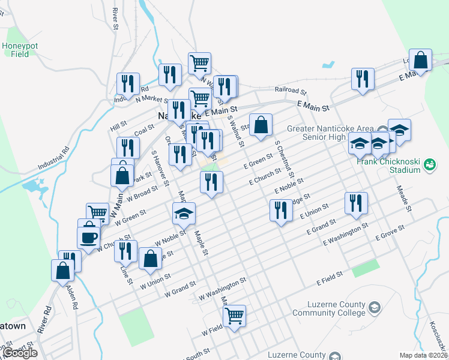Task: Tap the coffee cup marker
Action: pos(88,236)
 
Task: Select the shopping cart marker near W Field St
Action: pos(234,314)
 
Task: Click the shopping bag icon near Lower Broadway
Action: pos(421,60)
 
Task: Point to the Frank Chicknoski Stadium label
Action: pos(388,166)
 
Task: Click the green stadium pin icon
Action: pos(429,164)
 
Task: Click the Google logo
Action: pos(20,353)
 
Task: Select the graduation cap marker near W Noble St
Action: pos(184,213)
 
